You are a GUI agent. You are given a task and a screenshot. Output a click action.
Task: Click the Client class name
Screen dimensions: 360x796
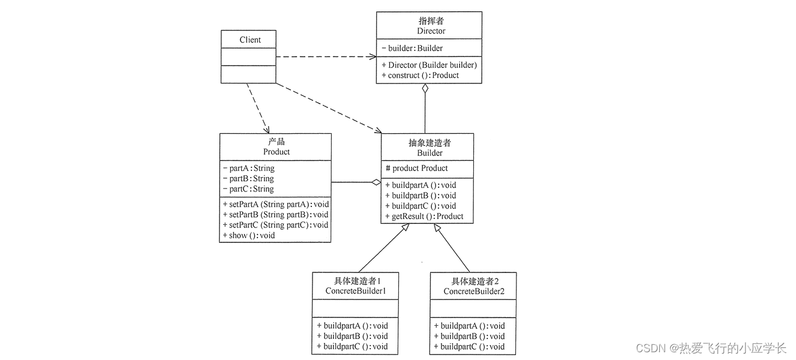coord(250,40)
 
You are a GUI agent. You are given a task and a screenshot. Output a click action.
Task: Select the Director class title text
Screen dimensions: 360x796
coord(431,31)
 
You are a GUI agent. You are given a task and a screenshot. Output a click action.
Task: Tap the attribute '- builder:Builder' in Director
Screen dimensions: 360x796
coord(412,48)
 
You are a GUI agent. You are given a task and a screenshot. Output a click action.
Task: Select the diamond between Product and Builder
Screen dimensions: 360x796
coord(376,182)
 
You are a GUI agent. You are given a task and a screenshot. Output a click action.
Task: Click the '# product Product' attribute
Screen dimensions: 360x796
coord(417,168)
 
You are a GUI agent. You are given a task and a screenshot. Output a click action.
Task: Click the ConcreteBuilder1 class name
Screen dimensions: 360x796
coord(355,291)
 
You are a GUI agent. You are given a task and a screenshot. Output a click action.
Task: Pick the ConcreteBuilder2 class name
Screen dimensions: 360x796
coord(474,291)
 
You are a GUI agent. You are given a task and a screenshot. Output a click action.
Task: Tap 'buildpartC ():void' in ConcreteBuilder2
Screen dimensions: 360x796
coord(469,346)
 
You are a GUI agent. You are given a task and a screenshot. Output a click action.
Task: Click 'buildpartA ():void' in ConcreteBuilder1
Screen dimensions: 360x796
coord(352,326)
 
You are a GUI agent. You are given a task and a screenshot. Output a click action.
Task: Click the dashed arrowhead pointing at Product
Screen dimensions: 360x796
coord(266,129)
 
